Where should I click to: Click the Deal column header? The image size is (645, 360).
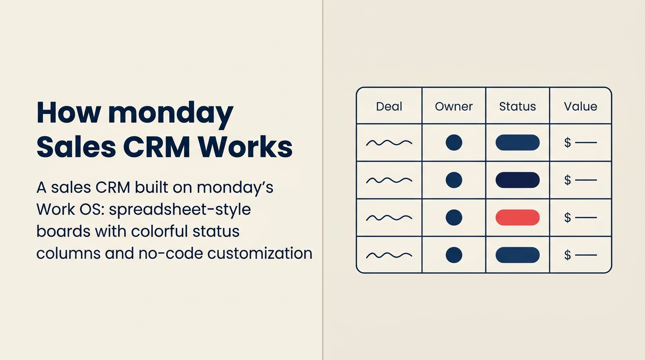click(389, 106)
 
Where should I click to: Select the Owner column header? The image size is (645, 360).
click(454, 106)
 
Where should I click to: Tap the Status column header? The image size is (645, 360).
click(517, 106)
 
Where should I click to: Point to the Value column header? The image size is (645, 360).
click(580, 106)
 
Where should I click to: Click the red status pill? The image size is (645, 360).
click(517, 217)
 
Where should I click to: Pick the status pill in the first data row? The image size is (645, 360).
click(517, 142)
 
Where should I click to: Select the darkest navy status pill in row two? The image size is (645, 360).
click(517, 180)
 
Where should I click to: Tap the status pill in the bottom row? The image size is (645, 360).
click(517, 255)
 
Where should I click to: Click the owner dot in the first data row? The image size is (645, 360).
click(454, 142)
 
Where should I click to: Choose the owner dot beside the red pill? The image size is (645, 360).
click(454, 217)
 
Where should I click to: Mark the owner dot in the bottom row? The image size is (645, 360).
click(454, 255)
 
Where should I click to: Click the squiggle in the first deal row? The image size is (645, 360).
click(389, 142)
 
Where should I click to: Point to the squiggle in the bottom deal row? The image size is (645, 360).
click(389, 255)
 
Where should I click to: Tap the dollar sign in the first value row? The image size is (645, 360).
click(568, 142)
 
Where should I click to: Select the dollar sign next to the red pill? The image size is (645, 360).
click(568, 217)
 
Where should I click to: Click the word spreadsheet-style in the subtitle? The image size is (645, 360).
click(180, 210)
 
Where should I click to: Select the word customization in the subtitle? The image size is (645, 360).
click(260, 253)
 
